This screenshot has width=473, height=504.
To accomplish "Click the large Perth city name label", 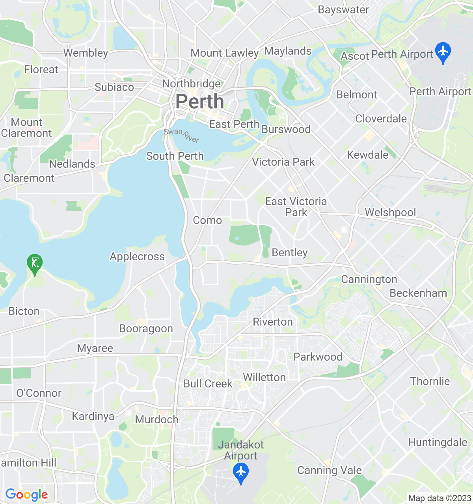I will coord(199,102).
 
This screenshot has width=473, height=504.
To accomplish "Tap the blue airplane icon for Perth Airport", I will coord(443,52).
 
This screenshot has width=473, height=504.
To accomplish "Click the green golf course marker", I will coord(35,263).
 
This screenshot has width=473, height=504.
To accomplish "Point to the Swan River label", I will coord(182,135).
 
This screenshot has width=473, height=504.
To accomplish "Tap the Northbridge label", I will coord(192,83).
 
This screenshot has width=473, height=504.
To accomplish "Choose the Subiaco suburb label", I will coord(114,87).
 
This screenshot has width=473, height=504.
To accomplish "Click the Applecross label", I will coord(137,256).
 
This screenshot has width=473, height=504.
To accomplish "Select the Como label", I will coord(207,220).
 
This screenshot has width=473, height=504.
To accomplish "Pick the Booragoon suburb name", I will coord(146,329).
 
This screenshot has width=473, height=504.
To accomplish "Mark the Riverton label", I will coord(273,322).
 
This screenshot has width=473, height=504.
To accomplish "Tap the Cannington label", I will coord(369,279).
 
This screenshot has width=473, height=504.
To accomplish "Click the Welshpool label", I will coord(390,212).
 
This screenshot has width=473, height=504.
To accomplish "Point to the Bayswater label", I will coord(343,10).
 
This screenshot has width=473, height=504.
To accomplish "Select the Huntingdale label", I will coord(438,442).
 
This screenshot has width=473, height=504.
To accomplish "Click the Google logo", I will coord(26,495).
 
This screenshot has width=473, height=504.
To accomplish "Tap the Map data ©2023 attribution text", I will coord(439,498).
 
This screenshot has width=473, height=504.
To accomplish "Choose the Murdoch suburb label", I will coord(156,419).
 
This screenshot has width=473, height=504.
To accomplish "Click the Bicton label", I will coord(24,311).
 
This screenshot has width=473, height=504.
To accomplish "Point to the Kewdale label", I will coord(368,155).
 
